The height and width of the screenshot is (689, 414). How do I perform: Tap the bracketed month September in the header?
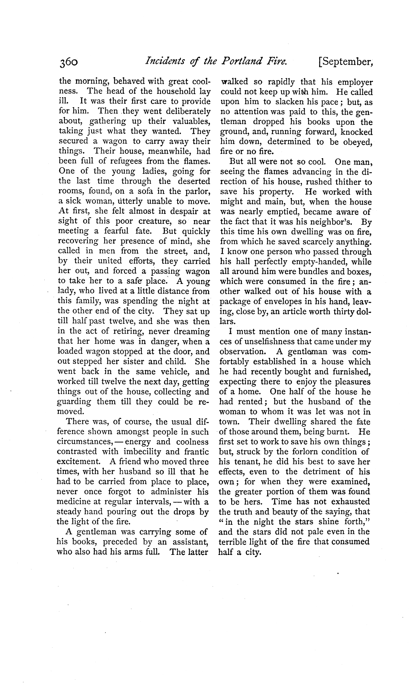tap(346, 61)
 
